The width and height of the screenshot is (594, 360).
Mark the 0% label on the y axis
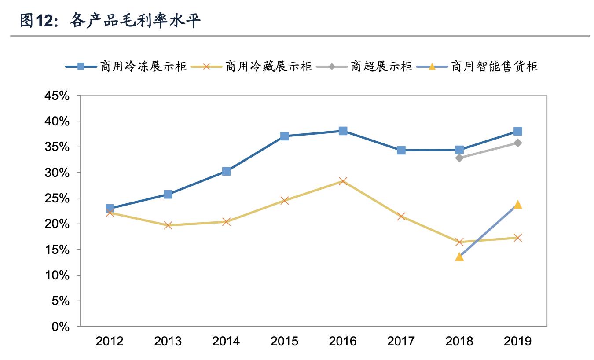[61, 327]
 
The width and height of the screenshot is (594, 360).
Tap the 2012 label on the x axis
[110, 341]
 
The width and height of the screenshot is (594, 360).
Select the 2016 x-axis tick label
[343, 341]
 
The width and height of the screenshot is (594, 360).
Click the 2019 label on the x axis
[517, 341]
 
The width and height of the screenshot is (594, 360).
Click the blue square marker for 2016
[343, 131]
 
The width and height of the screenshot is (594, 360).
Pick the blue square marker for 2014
[226, 171]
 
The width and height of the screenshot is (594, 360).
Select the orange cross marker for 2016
[343, 181]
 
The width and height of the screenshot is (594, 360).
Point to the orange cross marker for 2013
[168, 225]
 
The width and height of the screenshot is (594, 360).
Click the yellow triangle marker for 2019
[517, 205]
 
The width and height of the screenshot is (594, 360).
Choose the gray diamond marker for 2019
[517, 143]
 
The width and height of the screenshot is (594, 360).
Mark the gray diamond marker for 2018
[459, 158]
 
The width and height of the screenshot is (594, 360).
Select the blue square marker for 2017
[401, 151]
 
